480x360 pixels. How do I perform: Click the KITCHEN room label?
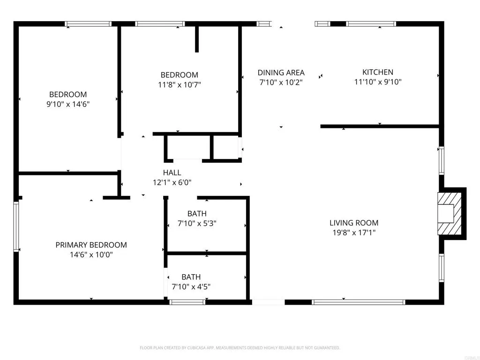377,72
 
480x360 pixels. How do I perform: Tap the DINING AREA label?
281,73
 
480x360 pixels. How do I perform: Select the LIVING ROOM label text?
353,223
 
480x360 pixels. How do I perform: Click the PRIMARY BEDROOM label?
91,245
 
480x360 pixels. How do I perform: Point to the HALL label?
172,173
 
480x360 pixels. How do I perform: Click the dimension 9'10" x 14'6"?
68,104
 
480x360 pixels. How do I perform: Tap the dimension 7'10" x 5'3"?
197,224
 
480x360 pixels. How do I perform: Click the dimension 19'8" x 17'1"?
353,232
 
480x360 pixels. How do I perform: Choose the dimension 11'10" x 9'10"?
377,82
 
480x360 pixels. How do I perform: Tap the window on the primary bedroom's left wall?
16,226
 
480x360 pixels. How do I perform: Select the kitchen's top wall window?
371,24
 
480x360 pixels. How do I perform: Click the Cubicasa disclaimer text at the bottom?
240,348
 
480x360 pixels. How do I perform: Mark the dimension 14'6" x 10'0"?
91,255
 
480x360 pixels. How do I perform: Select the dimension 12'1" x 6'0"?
172,183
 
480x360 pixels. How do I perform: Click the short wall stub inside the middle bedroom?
197,39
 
